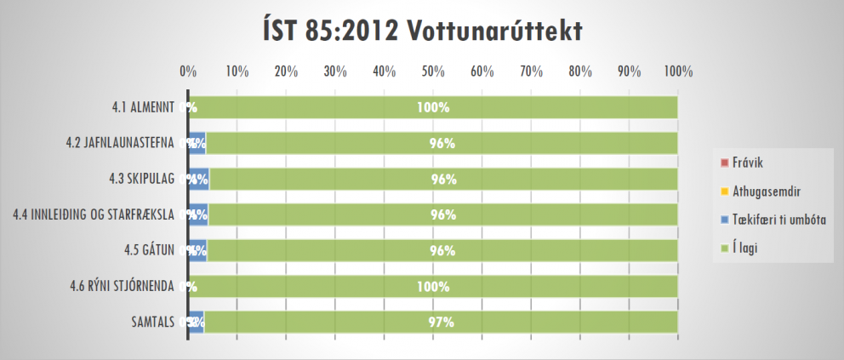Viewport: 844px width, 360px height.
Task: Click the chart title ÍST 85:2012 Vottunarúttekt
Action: pos(421,31)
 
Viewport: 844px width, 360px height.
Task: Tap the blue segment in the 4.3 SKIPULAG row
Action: pos(198,180)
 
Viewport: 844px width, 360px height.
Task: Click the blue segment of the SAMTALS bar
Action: pos(196,323)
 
